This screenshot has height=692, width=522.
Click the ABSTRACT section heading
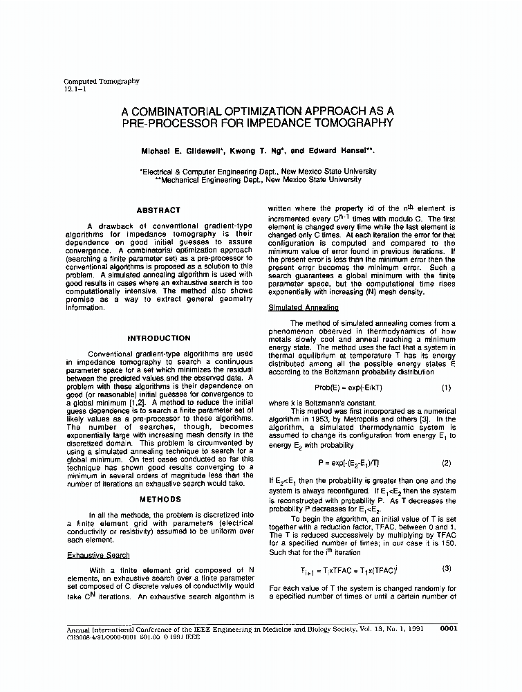pos(158,210)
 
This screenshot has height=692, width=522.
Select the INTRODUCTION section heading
pos(158,338)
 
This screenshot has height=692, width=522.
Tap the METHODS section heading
pos(160,499)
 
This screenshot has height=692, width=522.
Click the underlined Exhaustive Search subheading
pos(98,555)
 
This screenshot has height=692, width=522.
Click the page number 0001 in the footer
pos(448,629)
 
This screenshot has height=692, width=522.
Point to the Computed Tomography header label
pos(102,81)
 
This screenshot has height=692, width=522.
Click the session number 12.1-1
pos(75,89)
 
